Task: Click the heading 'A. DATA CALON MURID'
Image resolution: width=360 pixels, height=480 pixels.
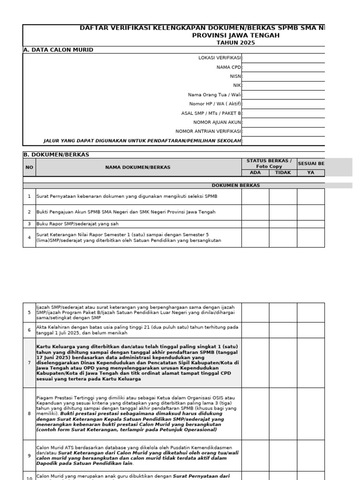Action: (x=58, y=50)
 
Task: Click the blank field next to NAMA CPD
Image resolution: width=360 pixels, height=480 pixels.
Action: (x=284, y=67)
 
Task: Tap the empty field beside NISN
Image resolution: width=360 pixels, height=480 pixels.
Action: (x=284, y=76)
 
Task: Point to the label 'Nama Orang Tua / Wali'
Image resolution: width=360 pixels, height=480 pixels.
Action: (x=214, y=95)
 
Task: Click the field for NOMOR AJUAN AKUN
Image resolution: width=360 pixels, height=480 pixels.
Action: (x=284, y=122)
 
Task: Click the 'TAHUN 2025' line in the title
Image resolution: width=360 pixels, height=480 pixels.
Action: (x=236, y=43)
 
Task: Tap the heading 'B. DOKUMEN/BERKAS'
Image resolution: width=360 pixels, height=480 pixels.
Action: (x=56, y=154)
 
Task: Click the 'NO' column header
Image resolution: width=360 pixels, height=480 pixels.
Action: (x=29, y=167)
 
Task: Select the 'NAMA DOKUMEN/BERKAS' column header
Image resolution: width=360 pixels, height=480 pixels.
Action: (x=138, y=167)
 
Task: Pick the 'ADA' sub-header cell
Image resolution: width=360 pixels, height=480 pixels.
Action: (x=255, y=172)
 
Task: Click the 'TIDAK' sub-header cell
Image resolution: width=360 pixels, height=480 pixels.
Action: (x=283, y=172)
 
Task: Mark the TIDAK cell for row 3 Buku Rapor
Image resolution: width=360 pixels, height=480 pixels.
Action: (x=283, y=224)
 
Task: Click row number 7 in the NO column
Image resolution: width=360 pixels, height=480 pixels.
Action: (x=29, y=363)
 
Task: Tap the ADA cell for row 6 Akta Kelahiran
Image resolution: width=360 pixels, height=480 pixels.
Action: (x=255, y=330)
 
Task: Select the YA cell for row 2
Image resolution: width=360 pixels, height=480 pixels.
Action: (x=311, y=212)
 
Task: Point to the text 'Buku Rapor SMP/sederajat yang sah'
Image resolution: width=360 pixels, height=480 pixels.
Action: (x=75, y=224)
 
